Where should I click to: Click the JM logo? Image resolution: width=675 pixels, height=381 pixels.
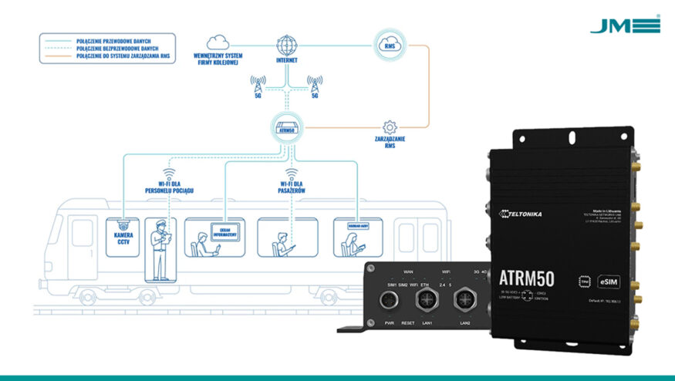coord(625,25)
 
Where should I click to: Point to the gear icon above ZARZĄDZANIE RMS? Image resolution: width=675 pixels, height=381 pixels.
coord(390,126)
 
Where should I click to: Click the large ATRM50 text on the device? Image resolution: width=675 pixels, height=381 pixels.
coord(535,278)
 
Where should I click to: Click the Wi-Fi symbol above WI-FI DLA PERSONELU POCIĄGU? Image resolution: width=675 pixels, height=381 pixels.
coord(169,174)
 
